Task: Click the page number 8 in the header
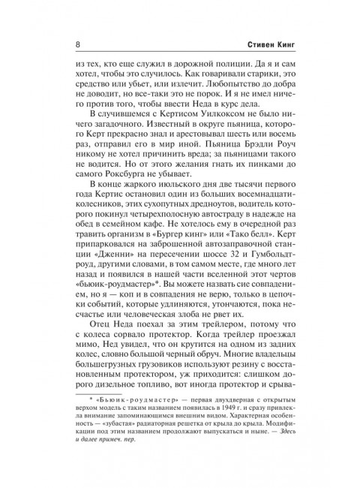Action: tap(68, 44)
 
